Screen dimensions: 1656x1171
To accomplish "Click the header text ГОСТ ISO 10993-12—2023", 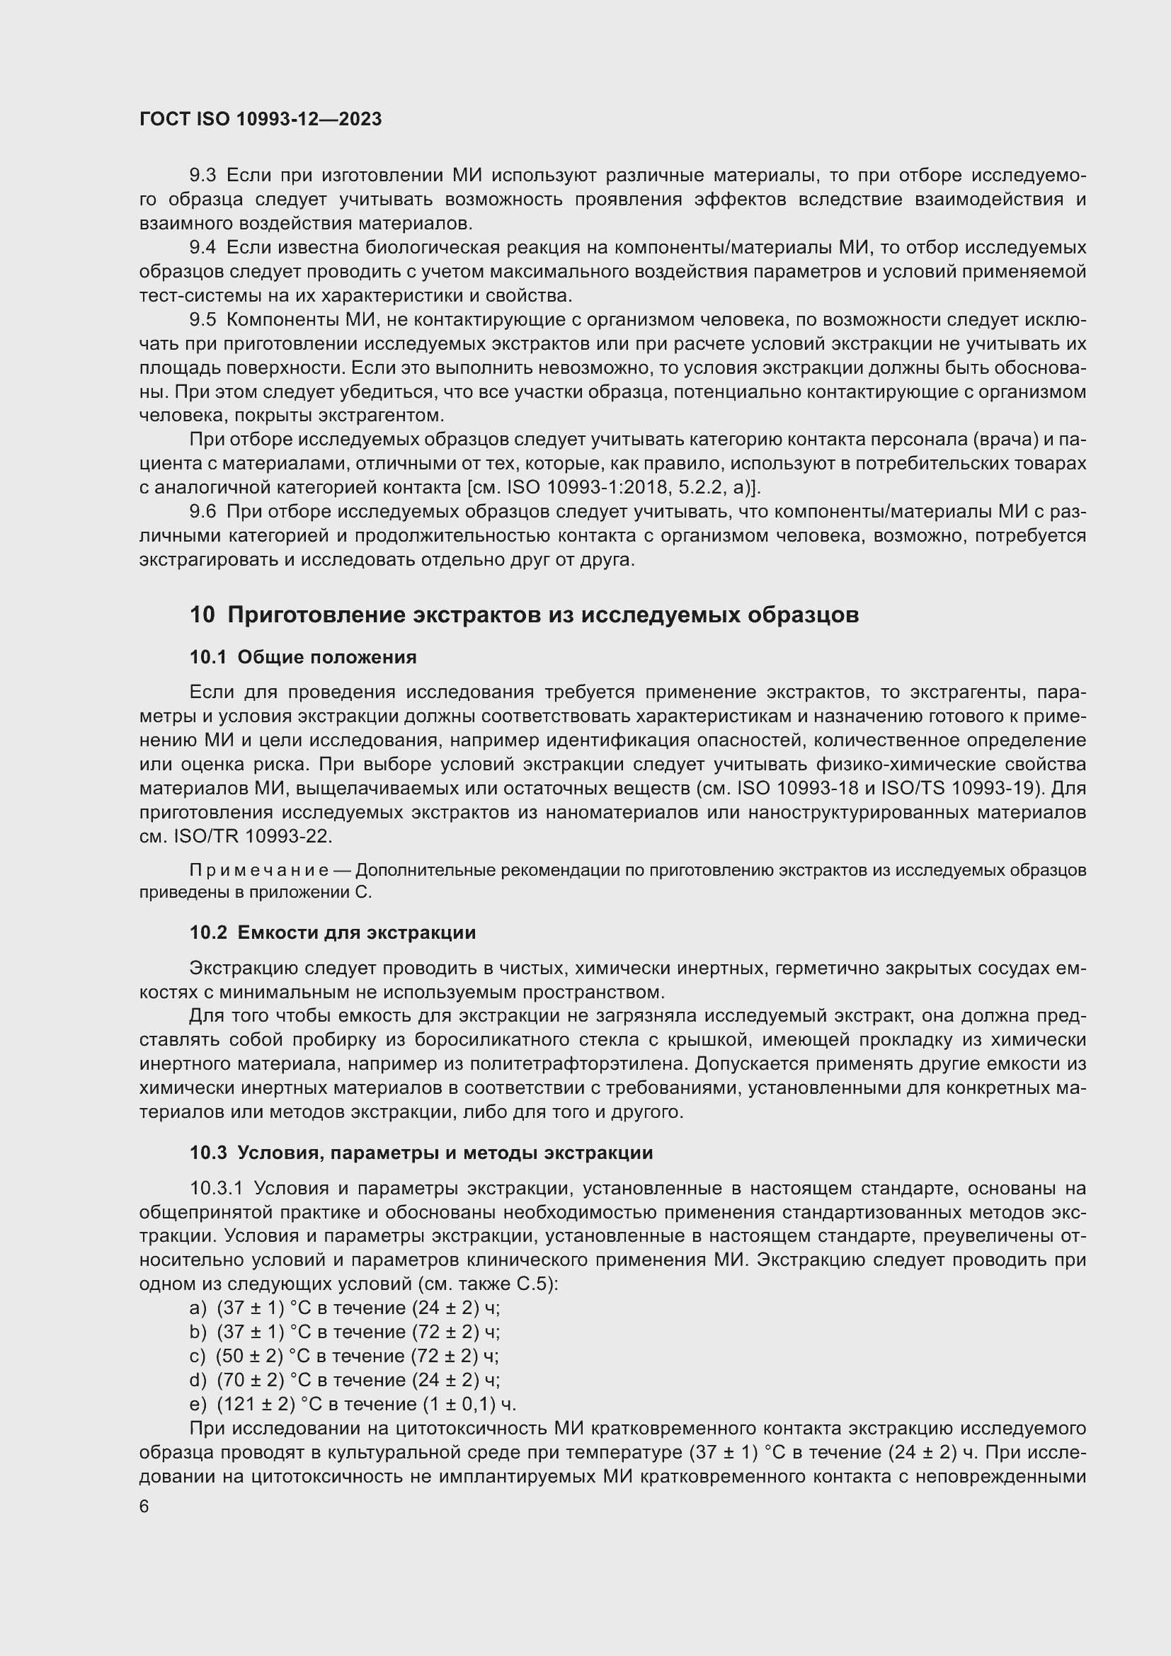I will point(261,119).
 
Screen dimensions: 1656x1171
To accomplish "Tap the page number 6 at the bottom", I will point(144,1506).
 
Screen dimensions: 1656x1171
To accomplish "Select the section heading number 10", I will point(202,615).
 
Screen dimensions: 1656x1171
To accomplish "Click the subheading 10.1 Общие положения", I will point(303,657).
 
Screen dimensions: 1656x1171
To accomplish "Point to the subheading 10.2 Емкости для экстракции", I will point(333,932).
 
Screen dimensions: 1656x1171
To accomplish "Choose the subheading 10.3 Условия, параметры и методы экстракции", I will point(421,1153).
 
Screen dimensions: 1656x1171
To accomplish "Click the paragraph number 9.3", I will point(202,176).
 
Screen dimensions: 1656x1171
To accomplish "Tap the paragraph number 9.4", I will point(202,247).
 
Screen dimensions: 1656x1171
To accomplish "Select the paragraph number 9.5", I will point(202,319).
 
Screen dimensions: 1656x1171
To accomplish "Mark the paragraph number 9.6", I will point(202,511).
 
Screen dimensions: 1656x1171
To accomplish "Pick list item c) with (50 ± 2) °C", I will point(197,1356).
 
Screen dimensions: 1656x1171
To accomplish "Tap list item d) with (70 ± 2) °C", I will point(198,1380).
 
